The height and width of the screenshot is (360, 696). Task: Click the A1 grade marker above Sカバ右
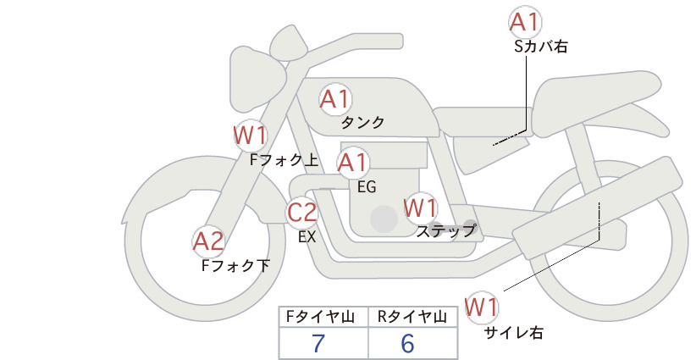pos(526,22)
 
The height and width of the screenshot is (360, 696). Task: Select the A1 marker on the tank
pos(335,99)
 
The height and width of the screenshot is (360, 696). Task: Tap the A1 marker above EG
pos(353,163)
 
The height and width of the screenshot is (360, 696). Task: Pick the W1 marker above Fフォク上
pos(251,136)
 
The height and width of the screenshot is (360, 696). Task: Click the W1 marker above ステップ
pos(420,208)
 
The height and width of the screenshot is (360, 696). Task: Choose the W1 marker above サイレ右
pos(481,307)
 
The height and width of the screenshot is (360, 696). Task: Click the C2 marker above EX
pos(302,212)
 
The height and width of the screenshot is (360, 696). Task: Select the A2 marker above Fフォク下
pos(208,242)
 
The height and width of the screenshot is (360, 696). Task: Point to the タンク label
pos(362,123)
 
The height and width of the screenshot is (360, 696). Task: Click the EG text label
pos(367,187)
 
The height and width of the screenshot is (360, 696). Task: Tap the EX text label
pos(307,237)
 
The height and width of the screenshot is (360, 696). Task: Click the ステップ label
pos(445,231)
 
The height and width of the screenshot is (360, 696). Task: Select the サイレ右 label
pos(514,333)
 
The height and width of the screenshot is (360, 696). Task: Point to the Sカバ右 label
pos(541,47)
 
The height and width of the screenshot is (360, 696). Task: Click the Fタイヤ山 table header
pos(320,317)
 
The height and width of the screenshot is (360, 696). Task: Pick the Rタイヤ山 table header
pos(412,317)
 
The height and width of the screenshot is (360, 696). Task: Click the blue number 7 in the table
pos(318,343)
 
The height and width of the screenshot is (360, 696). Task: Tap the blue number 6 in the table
pos(407,343)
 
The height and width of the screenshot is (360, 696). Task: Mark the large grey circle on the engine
pos(384,219)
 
